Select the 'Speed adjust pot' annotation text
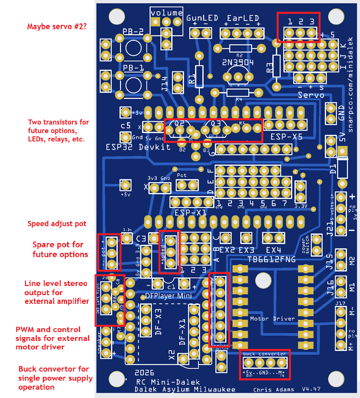(57, 224)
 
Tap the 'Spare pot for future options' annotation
(58, 250)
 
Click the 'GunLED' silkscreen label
(202, 18)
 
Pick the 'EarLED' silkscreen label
(243, 18)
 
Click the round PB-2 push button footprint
(133, 48)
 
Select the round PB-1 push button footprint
(133, 85)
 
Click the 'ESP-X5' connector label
(286, 137)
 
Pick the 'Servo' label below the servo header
(311, 95)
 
